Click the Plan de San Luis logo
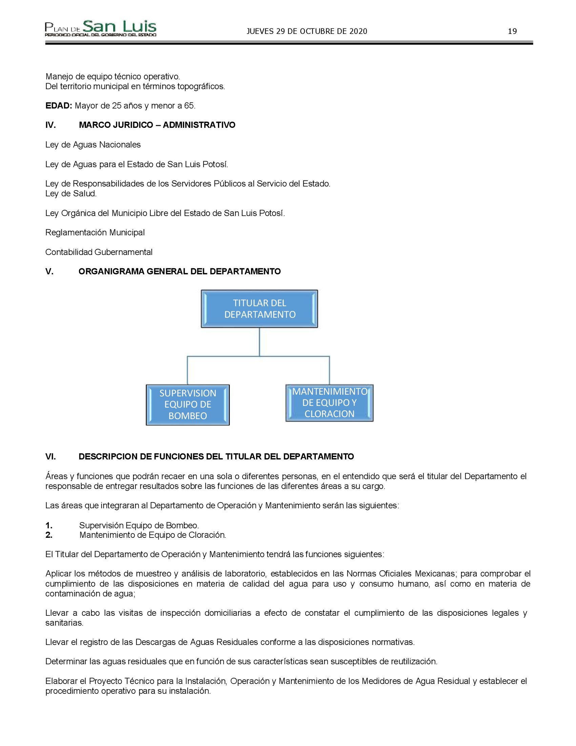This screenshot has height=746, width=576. coord(101,29)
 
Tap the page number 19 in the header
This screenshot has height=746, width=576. coord(512,32)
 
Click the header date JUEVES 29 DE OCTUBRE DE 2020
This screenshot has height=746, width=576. coord(307,32)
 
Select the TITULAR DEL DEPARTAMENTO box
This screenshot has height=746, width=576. coord(259,309)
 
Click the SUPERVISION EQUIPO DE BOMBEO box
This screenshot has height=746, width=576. coord(188,405)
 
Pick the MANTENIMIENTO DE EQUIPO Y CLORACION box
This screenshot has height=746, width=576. coord(329,403)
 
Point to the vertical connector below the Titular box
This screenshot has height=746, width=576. coord(259,341)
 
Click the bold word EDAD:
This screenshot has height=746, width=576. coord(59,106)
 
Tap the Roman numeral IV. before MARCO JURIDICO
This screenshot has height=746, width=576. coord(50,125)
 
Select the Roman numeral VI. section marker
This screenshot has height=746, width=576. coord(50,457)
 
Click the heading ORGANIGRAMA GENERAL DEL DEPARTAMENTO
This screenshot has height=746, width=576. coord(180,272)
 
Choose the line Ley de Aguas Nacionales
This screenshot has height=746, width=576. coord(93,145)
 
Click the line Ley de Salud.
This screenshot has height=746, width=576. coord(71,194)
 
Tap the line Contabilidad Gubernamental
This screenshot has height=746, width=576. coord(99,252)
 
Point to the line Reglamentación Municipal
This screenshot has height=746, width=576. coord(95,233)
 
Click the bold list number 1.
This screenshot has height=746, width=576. coord(49,525)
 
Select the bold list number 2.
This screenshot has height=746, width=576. coord(49,535)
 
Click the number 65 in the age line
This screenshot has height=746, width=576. coord(189,106)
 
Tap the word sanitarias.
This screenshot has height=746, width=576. coord(64,623)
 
